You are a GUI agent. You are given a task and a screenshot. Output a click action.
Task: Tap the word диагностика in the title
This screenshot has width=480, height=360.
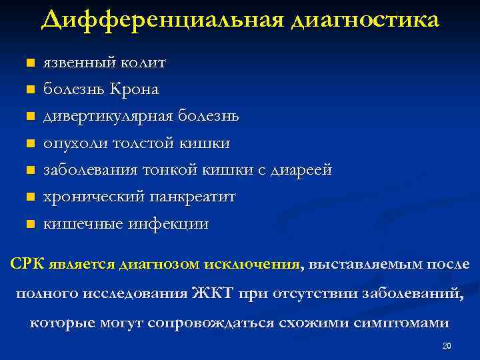[365, 20]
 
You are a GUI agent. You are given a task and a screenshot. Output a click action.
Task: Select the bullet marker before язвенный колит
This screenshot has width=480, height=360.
[29, 64]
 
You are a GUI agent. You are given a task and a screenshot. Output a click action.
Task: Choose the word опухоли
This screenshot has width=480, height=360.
[71, 143]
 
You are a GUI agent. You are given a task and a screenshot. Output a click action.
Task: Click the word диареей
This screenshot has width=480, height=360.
[301, 171]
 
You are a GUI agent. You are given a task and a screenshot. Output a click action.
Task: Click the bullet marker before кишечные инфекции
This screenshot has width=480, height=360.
[29, 224]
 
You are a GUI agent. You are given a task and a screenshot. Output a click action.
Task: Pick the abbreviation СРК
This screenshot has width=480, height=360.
[27, 264]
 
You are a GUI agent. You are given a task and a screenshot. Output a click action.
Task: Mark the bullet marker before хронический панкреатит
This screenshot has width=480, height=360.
[29, 197]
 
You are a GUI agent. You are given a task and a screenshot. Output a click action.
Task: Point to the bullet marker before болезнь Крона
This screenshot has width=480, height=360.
[29, 89]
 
